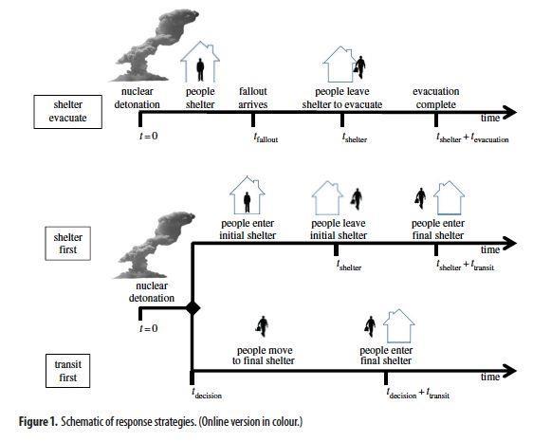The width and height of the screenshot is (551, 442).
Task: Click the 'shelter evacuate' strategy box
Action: [68, 111]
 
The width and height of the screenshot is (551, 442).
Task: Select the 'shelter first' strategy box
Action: [68, 244]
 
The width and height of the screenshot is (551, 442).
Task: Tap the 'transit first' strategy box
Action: [68, 371]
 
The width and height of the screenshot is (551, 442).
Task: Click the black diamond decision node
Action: [193, 308]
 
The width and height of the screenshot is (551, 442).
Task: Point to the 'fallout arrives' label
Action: [253, 98]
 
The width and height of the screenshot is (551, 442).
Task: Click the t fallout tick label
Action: [266, 138]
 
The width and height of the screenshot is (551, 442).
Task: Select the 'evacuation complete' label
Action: [435, 98]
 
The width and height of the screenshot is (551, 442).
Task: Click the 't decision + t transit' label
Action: [418, 394]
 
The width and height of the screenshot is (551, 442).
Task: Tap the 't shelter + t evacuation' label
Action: [472, 138]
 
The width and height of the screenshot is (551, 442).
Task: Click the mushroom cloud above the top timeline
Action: [155, 46]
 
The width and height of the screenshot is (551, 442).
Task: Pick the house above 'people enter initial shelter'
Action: [247, 195]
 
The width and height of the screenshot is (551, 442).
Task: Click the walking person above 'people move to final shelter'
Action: [263, 326]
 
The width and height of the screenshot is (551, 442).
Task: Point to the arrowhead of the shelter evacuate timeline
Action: [509, 113]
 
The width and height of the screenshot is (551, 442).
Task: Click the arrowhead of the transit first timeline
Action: [509, 371]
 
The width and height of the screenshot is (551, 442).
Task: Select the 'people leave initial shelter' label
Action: [339, 230]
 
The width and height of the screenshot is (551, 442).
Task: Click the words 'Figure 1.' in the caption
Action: [38, 422]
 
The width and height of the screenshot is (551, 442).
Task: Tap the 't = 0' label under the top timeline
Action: [149, 136]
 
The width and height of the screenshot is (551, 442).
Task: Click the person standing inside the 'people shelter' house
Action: [200, 69]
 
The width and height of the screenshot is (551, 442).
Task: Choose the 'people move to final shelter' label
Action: [264, 356]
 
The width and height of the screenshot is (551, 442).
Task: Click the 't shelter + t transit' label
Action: [466, 266]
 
